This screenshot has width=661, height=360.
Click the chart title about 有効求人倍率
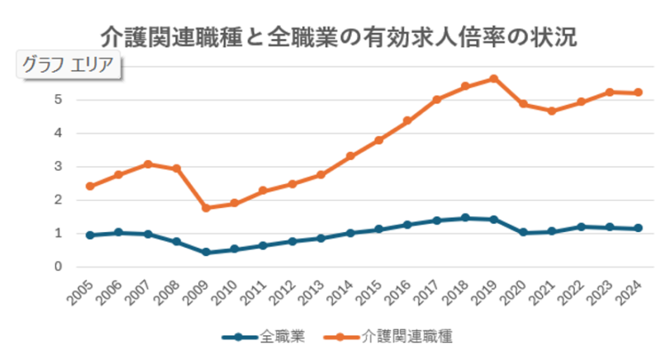point(338,37)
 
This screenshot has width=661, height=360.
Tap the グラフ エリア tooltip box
point(69,66)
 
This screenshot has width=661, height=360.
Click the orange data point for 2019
point(493,78)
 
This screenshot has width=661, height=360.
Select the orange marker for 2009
point(205,208)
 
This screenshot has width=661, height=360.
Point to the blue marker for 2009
point(205,253)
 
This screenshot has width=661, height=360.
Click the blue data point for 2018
point(464,218)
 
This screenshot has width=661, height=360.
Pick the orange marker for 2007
point(147,164)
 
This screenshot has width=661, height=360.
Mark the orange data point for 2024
point(638,92)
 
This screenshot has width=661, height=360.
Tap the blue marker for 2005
point(89,235)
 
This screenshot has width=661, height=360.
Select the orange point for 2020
point(522,104)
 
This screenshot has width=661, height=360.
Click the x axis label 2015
point(369,291)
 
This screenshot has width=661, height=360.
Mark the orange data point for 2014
point(350,156)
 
